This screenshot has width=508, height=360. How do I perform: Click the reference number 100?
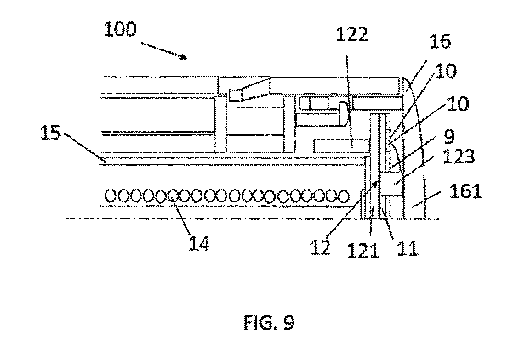(x=120, y=29)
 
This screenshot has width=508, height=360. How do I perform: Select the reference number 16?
(x=440, y=42)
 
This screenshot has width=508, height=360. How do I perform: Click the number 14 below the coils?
(x=199, y=243)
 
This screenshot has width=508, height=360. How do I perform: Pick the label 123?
(x=458, y=156)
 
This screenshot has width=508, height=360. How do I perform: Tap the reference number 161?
(x=466, y=191)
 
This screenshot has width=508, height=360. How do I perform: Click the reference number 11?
(x=408, y=249)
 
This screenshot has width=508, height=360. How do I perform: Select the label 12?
(x=320, y=248)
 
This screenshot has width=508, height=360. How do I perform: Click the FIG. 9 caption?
(x=269, y=323)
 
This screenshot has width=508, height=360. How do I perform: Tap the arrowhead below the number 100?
(x=184, y=57)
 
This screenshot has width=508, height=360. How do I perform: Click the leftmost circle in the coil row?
(x=110, y=196)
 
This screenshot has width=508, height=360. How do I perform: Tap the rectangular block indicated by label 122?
(x=342, y=146)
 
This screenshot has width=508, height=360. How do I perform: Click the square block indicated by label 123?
(x=392, y=184)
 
